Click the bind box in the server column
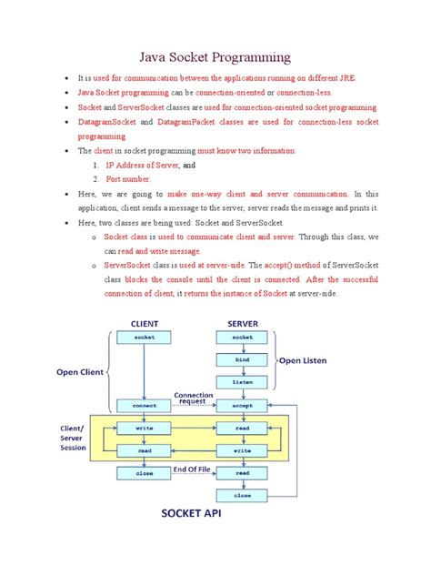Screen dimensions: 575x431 242,359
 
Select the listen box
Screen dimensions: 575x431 242,382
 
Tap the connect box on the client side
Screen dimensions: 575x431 145,405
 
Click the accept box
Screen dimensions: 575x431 242,405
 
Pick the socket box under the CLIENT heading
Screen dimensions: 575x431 145,337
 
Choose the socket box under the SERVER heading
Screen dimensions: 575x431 242,337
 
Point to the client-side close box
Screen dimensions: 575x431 145,473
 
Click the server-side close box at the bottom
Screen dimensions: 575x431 242,496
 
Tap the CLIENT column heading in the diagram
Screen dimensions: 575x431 145,323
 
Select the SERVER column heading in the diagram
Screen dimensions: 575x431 242,323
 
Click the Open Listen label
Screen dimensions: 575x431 303,359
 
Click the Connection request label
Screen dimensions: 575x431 193,398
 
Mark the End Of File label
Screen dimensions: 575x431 193,469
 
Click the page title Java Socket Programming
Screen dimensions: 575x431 215,55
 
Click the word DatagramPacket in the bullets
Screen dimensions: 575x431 188,121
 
